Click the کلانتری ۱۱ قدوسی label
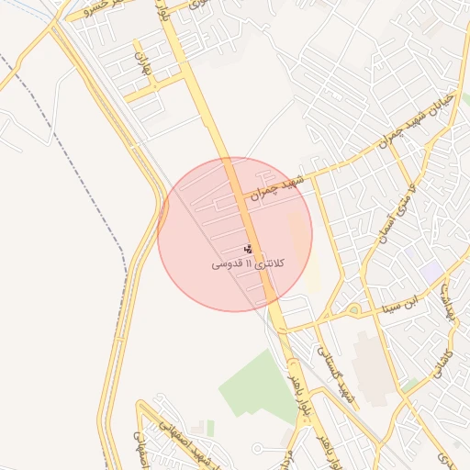tap(249, 264)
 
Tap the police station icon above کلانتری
tap(248, 249)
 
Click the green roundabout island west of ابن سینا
tap(353, 309)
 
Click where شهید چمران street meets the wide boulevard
tap(241, 196)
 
